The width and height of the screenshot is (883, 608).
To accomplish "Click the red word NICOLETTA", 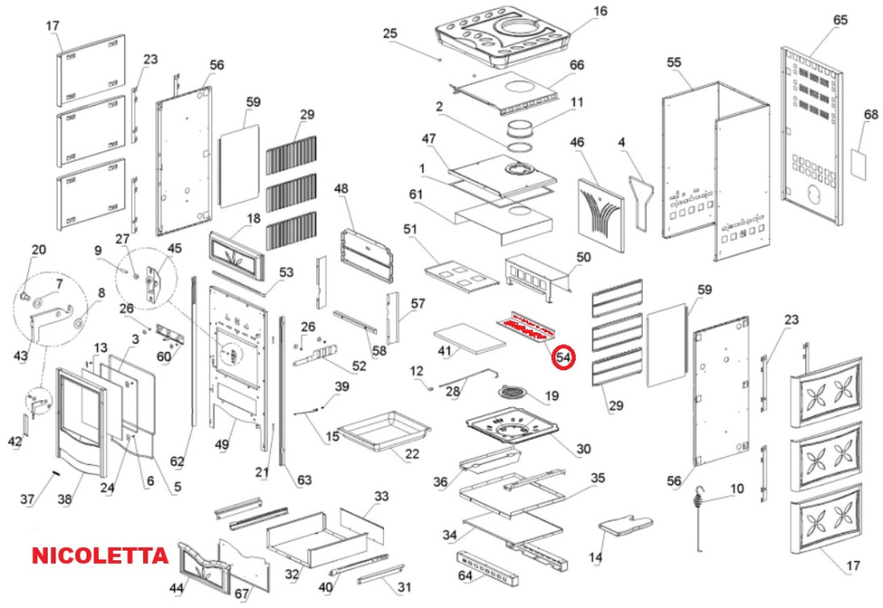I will coord(100,556).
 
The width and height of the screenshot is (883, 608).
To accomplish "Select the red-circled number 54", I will coord(562,359).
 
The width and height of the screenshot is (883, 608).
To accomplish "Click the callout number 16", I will coord(600,11).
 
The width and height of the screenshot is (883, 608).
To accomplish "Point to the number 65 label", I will coord(840,19).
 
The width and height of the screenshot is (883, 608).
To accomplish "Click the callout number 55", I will coord(675,63).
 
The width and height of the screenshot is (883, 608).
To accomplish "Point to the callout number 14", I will coord(596,558).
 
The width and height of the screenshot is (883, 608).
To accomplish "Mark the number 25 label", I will coord(390,34).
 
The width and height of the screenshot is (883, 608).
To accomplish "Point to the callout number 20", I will coord(38,249).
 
